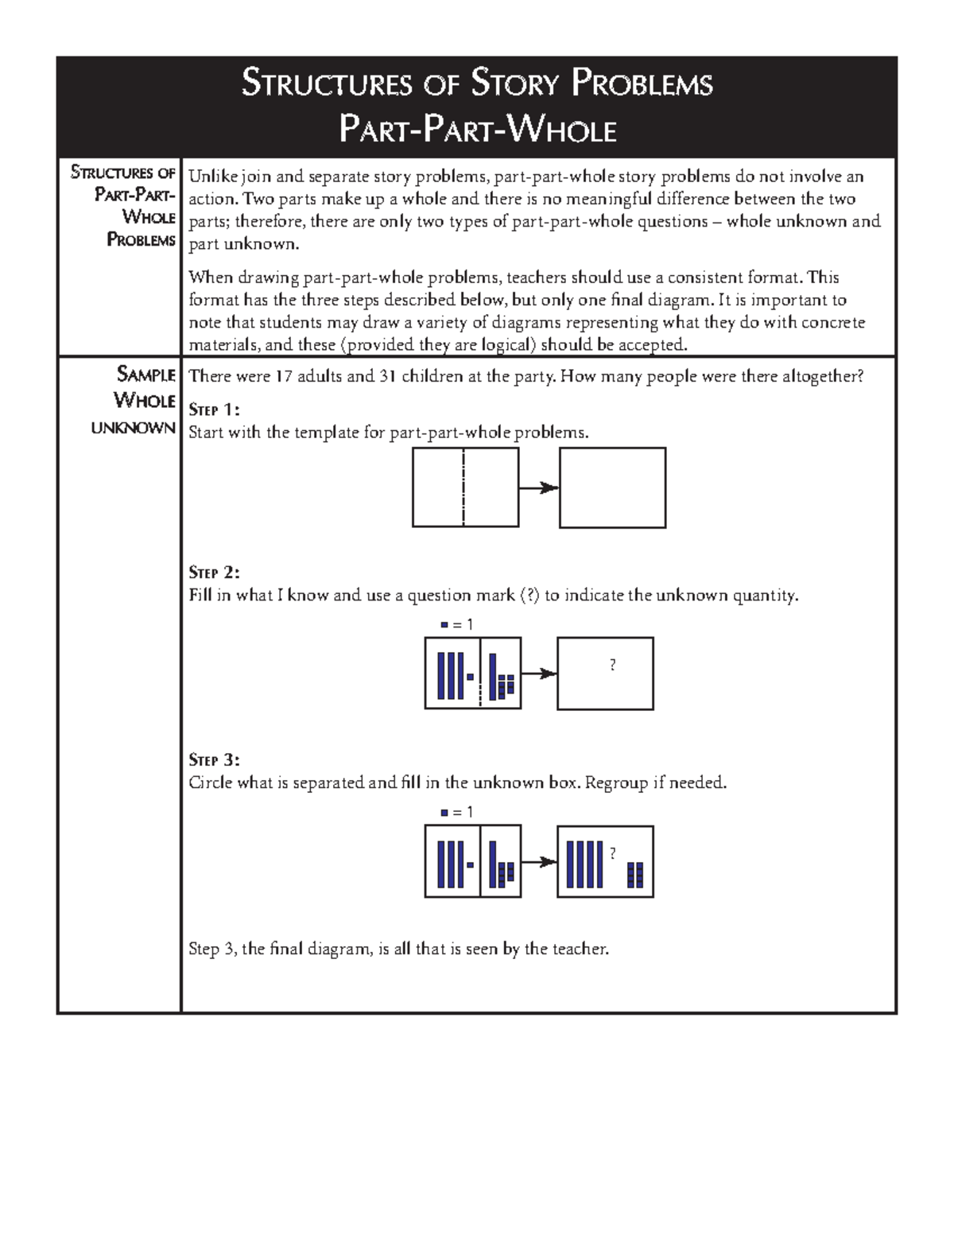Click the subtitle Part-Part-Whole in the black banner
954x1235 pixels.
477,130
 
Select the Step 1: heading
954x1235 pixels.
213,410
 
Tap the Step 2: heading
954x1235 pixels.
213,573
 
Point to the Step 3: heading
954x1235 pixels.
213,759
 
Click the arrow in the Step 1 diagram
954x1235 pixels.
538,487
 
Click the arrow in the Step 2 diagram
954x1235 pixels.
538,674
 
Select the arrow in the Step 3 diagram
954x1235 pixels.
538,862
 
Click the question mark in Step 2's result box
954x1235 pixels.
612,666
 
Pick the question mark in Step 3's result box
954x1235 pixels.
612,853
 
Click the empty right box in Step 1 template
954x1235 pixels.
612,487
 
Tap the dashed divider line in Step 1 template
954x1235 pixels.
463,487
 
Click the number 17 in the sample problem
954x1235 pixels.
285,376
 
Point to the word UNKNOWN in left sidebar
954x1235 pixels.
133,428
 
